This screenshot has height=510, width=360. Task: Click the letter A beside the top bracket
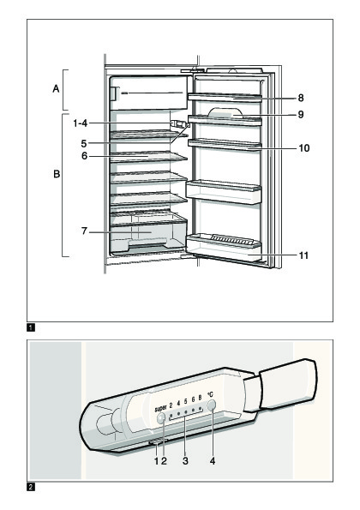coord(57,88)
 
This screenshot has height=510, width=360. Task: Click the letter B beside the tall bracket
coord(57,174)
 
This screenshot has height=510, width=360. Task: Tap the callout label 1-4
coord(80,123)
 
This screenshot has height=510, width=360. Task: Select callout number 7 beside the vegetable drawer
coord(84,231)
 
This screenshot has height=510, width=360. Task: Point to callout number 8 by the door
coord(301,98)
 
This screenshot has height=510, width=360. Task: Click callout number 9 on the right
coord(301,115)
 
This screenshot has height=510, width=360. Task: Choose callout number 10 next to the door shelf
coord(304,148)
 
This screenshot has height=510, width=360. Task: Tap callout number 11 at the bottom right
coord(303,255)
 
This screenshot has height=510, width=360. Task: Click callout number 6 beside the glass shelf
coord(85,156)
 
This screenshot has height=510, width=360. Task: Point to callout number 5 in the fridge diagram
coord(84,143)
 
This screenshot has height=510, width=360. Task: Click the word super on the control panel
coord(160,408)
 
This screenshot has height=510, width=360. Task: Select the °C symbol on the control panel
coord(210,394)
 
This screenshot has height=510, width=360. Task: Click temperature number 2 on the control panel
coord(171,405)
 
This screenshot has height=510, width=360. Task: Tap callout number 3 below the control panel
coord(185,461)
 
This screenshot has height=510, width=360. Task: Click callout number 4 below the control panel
coord(213,461)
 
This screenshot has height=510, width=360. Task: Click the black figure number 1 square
coord(31,327)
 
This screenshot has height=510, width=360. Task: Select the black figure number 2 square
coord(31,487)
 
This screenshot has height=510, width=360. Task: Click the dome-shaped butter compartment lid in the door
coord(225,112)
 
